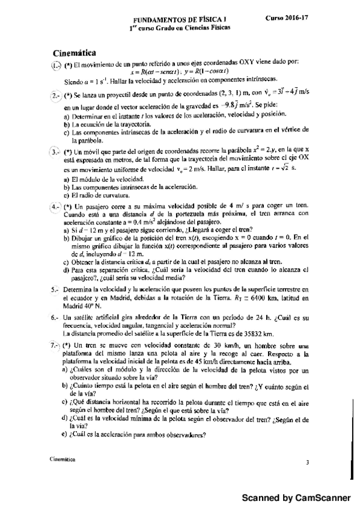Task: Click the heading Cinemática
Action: coord(75,52)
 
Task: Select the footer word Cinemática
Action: coord(63,458)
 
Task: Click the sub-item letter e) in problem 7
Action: coord(64,435)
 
